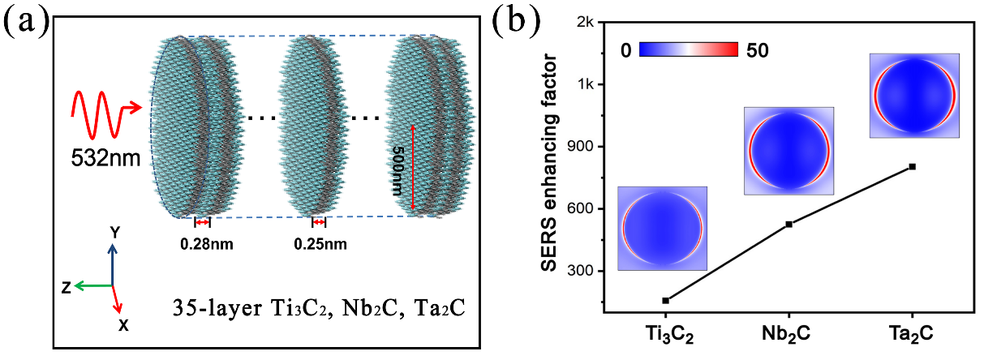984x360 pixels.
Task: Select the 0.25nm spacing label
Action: coord(319,242)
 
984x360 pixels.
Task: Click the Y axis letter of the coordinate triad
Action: coord(114,232)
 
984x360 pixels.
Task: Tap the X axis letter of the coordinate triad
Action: coord(123,324)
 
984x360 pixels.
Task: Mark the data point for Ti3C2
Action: coord(665,301)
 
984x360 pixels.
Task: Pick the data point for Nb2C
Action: coord(788,224)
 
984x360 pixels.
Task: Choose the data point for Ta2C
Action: coord(913,167)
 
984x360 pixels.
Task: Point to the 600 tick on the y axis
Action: coord(583,209)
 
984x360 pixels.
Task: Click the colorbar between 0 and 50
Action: coord(689,49)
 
